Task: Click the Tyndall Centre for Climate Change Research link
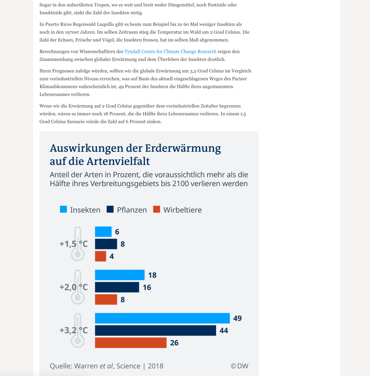click(x=170, y=51)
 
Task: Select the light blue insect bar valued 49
click(x=162, y=318)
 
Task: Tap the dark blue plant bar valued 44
click(x=155, y=330)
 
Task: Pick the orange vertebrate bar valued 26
click(x=130, y=343)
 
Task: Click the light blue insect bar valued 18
click(x=119, y=275)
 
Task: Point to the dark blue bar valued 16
click(x=117, y=287)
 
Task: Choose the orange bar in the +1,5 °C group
click(x=100, y=256)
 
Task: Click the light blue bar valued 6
click(x=103, y=232)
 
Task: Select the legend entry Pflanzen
click(x=127, y=210)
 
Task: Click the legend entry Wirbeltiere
click(x=177, y=210)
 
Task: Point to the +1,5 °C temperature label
click(x=73, y=244)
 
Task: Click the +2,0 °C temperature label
click(x=73, y=287)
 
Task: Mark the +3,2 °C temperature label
click(x=73, y=330)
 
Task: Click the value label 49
click(x=237, y=318)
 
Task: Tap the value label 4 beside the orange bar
click(x=112, y=256)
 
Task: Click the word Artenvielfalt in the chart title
click(x=118, y=161)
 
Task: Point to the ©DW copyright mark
click(x=239, y=366)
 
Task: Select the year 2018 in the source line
click(x=156, y=366)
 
